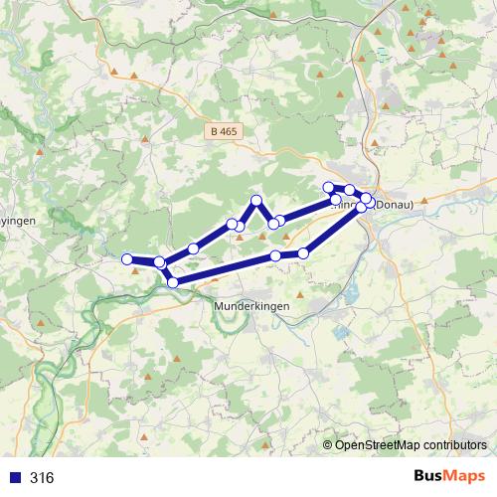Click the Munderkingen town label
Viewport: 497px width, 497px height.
pyautogui.click(x=252, y=307)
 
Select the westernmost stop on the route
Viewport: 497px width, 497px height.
pyautogui.click(x=127, y=259)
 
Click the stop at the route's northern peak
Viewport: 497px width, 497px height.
pyautogui.click(x=256, y=201)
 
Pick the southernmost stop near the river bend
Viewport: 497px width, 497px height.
pyautogui.click(x=173, y=282)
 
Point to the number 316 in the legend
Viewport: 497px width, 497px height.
pyautogui.click(x=42, y=478)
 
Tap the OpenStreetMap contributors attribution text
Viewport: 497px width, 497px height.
pyautogui.click(x=411, y=445)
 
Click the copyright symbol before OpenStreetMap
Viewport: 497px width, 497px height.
pyautogui.click(x=328, y=445)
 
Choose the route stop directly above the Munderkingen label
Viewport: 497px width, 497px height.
pyautogui.click(x=275, y=257)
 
